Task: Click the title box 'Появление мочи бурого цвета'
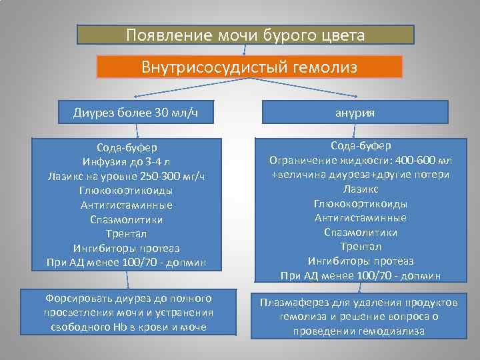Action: [x=245, y=35]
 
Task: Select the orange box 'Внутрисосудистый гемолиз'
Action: [x=249, y=67]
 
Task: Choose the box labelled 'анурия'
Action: [x=359, y=113]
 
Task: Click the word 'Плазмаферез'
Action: [x=291, y=303]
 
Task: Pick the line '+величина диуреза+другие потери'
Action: [x=359, y=175]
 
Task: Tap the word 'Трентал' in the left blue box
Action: [x=126, y=234]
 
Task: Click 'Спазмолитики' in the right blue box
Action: [x=360, y=233]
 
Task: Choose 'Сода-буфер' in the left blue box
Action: [x=126, y=147]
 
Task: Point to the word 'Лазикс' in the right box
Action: [x=360, y=189]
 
